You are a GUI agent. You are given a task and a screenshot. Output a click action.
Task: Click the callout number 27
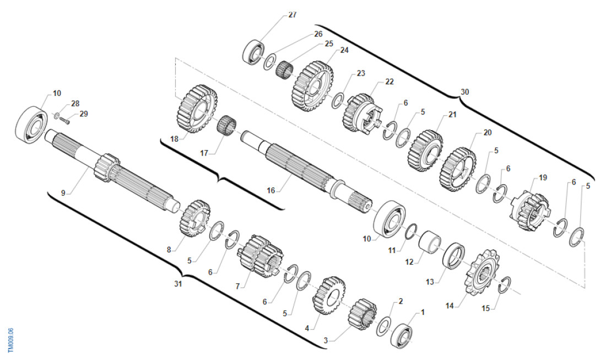pyautogui.click(x=292, y=15)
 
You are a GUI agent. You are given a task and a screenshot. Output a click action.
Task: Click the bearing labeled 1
pyautogui.click(x=402, y=335)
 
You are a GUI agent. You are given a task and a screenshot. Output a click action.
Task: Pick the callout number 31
pyautogui.click(x=178, y=284)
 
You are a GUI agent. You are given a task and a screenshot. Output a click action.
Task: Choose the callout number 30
pyautogui.click(x=464, y=92)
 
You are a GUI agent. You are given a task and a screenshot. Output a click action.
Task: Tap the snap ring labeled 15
pyautogui.click(x=505, y=285)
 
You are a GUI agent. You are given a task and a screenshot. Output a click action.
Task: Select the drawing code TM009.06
pyautogui.click(x=11, y=340)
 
